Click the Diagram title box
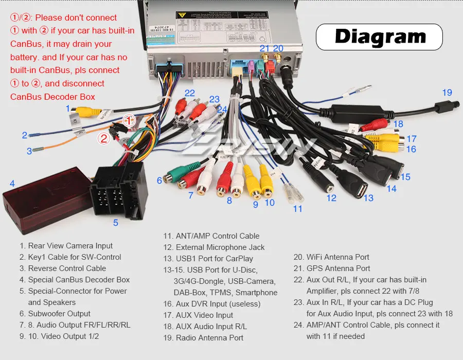tap(380, 37)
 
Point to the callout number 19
tap(447, 93)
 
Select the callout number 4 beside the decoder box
tap(12, 183)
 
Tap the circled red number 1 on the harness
tap(129, 120)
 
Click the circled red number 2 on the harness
tap(104, 138)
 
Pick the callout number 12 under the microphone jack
tap(331, 197)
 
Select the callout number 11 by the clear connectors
tap(298, 209)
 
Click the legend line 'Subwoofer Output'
tap(59, 314)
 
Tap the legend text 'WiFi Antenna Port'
tap(337, 257)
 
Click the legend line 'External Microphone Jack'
tap(220, 247)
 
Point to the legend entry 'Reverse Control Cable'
tap(66, 268)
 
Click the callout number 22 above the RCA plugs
tap(190, 93)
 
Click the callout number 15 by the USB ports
tap(405, 177)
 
